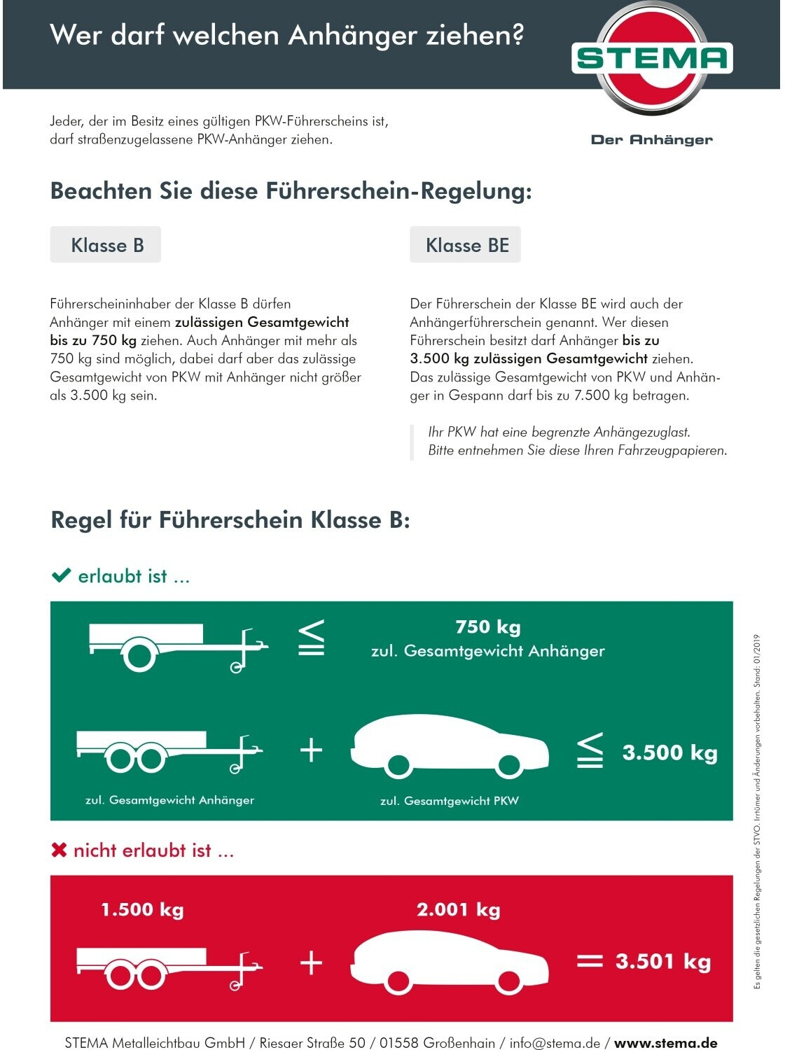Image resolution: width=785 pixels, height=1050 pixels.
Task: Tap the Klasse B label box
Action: (106, 245)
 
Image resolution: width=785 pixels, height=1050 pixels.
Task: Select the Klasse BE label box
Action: (466, 245)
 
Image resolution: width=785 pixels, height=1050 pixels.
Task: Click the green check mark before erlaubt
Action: (62, 575)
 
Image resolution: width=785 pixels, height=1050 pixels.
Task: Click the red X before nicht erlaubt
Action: (60, 850)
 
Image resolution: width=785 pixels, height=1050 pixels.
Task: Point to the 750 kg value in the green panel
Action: (487, 626)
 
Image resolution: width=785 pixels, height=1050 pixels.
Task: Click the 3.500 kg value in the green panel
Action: (669, 752)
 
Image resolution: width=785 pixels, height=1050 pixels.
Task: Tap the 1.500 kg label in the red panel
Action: (142, 909)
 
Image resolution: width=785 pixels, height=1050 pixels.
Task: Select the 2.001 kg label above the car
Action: (458, 909)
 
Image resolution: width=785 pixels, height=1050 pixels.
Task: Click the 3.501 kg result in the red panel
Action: (662, 961)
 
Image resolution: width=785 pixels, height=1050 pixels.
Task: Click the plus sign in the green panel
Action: (311, 751)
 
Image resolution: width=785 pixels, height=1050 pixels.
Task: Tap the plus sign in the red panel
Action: (311, 963)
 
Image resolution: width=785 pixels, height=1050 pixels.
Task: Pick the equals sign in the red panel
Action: (589, 961)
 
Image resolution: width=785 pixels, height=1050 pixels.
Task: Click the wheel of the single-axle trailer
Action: (139, 655)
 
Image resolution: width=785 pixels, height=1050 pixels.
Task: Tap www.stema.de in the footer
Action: (665, 1042)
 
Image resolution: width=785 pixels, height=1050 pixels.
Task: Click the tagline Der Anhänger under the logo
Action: (651, 140)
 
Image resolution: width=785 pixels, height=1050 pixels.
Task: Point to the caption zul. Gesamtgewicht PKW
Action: (449, 801)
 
